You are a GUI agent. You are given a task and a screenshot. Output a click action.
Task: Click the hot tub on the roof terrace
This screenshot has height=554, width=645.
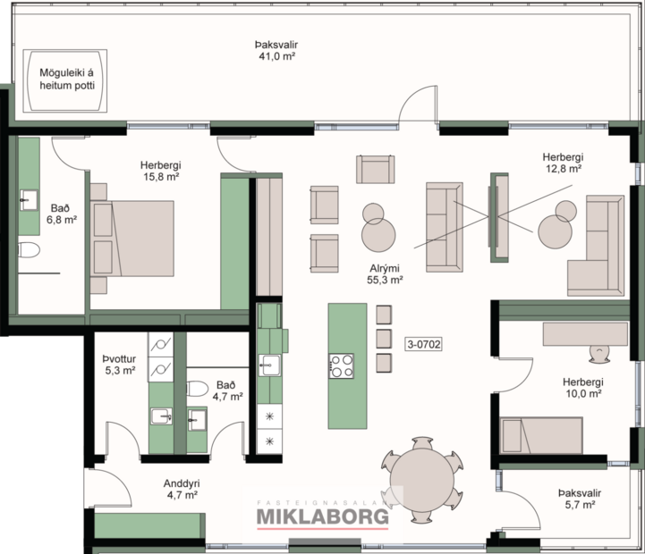pos(65,80)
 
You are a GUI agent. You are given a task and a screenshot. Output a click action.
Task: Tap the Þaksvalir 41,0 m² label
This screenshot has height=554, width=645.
pos(276,49)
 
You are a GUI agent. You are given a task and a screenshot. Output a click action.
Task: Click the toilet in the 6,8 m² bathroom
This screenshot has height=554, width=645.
pos(29,249)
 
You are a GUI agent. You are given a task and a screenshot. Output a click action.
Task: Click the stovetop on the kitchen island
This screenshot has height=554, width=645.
pos(342,365)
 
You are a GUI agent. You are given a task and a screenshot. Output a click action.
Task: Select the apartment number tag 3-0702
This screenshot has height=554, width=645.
pos(426,342)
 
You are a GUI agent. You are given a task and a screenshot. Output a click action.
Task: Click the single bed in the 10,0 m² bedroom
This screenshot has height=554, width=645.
pos(541,435)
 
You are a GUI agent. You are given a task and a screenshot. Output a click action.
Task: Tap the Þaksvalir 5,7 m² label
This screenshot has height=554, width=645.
pos(579,498)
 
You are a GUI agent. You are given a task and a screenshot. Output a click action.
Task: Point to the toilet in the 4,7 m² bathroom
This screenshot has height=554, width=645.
pos(199,388)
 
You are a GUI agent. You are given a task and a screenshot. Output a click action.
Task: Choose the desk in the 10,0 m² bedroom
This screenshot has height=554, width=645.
pos(585,332)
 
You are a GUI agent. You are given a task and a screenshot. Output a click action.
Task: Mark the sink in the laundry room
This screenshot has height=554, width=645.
pos(162,416)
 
